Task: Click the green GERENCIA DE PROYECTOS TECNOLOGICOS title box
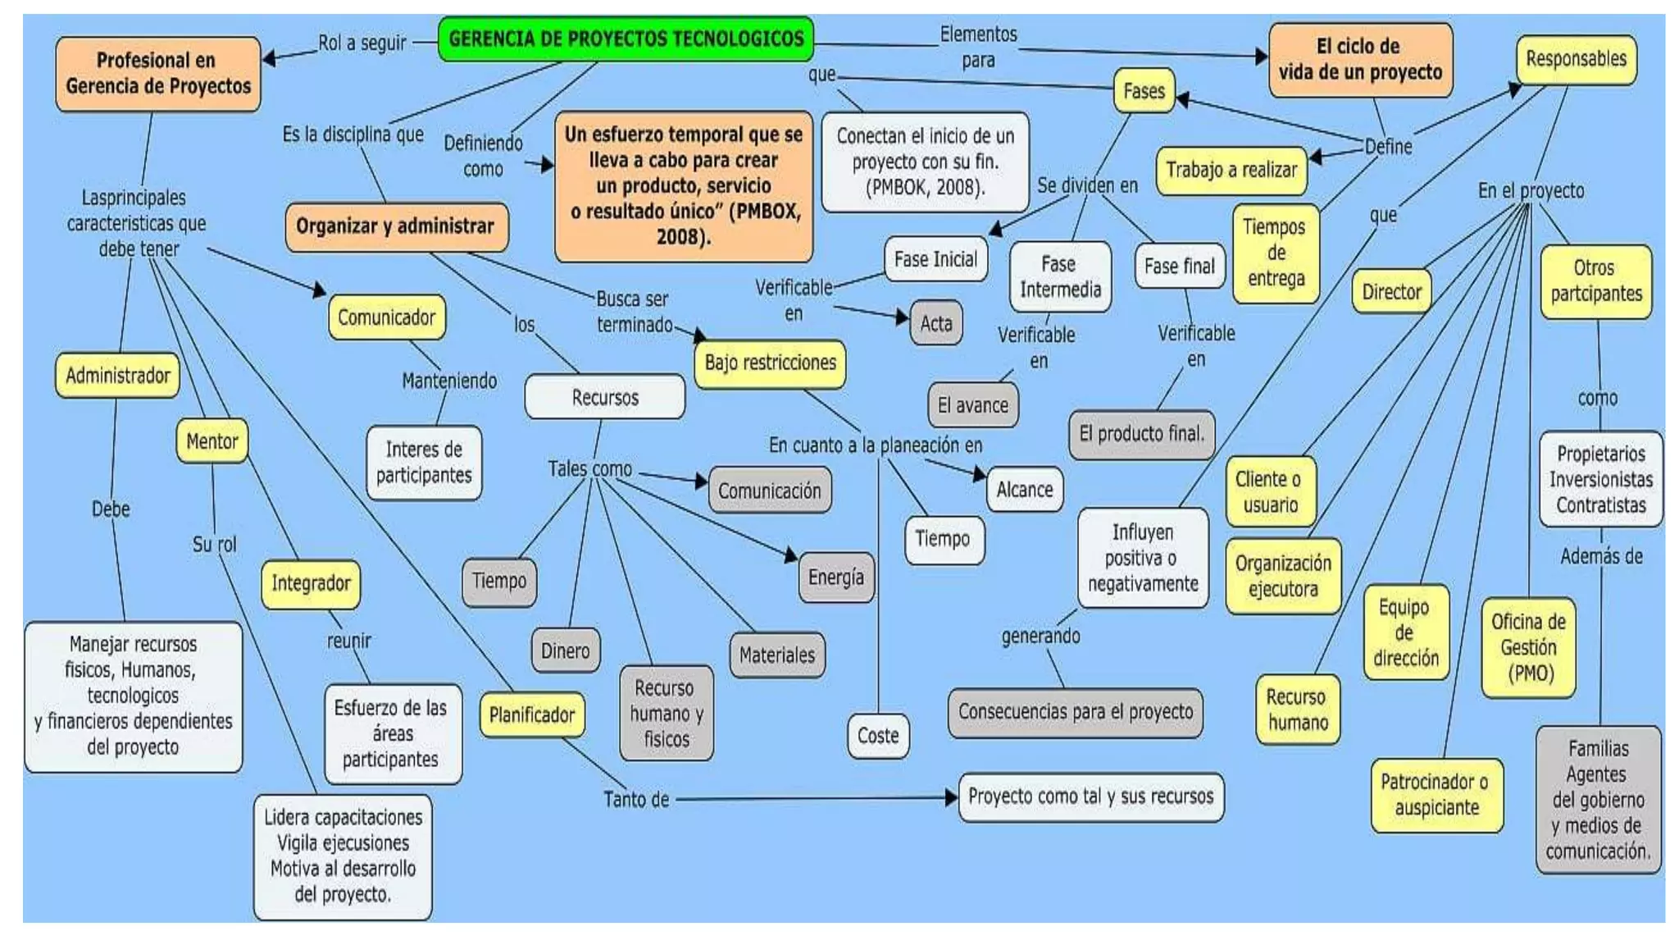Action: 626,39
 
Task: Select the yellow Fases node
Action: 1144,91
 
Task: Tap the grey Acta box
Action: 935,323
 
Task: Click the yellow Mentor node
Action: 212,441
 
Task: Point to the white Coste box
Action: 878,736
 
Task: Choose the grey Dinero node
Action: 565,651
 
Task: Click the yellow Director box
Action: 1391,292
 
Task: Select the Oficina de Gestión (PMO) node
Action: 1528,647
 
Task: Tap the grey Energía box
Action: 835,577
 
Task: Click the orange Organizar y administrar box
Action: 396,226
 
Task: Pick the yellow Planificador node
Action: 532,715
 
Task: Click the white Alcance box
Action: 1024,490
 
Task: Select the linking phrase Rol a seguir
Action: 362,43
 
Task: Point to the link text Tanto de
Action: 636,799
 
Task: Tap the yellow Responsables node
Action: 1576,59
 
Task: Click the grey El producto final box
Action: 1141,434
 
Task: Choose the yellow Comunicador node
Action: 386,317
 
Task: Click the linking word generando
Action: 1040,636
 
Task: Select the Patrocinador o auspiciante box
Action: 1436,795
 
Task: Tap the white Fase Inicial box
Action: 935,260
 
